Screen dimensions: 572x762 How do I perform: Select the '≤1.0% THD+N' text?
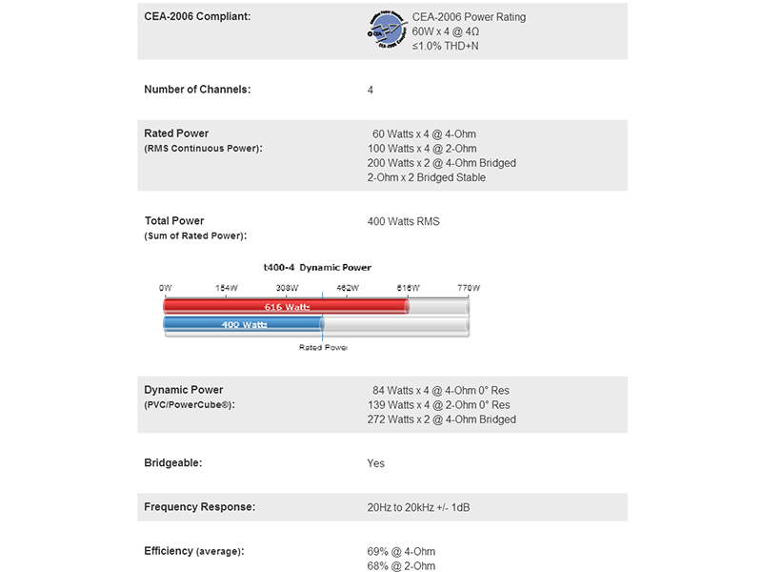click(446, 46)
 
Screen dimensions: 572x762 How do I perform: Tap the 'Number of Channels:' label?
click(197, 90)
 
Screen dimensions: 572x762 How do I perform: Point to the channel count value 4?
click(371, 90)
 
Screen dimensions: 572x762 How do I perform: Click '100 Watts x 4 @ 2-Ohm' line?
click(422, 149)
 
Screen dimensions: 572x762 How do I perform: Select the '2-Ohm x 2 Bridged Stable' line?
click(426, 177)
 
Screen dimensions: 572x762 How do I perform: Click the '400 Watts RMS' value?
click(403, 221)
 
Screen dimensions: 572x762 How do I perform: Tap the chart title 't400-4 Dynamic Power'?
click(317, 268)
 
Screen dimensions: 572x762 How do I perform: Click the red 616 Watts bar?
click(286, 306)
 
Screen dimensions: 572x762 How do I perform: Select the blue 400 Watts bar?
click(243, 325)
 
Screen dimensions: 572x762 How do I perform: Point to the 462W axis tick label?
click(347, 287)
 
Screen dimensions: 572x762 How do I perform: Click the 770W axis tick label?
click(469, 287)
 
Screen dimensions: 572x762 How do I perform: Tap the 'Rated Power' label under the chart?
click(323, 348)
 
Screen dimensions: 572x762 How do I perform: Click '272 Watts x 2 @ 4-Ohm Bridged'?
click(441, 419)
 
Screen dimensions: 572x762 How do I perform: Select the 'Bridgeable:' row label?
click(173, 463)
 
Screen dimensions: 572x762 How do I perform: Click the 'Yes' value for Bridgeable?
click(375, 463)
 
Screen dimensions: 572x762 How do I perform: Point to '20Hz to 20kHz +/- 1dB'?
click(418, 507)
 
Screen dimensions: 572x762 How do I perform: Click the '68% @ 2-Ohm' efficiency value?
click(400, 566)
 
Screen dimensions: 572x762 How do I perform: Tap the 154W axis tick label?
click(225, 287)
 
